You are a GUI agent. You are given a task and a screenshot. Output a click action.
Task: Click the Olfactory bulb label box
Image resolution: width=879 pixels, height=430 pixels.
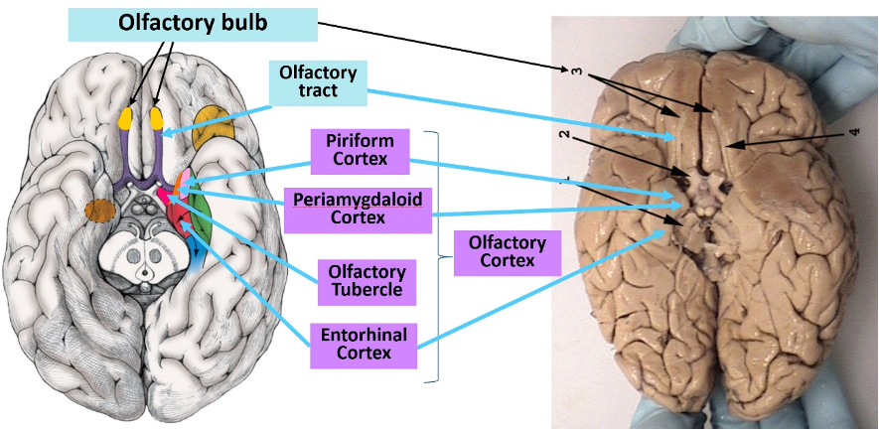click(193, 25)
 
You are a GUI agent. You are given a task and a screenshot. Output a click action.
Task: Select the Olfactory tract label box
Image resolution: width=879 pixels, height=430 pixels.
click(319, 83)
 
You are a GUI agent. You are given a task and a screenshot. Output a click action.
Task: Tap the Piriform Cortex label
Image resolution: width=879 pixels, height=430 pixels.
click(360, 151)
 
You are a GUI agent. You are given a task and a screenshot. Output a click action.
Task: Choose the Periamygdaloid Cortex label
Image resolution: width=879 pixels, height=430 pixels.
click(358, 211)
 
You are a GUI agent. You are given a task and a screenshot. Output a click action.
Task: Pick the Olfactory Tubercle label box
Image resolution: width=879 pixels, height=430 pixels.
click(367, 282)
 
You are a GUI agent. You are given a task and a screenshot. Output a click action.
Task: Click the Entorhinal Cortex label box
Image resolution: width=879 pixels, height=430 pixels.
click(364, 346)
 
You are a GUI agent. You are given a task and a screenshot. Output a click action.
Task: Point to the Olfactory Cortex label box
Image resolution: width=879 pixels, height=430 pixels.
click(508, 253)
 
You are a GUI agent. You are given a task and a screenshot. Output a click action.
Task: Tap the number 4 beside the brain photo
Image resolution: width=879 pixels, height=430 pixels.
click(854, 133)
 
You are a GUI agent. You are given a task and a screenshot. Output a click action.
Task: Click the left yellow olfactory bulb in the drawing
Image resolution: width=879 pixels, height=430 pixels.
click(126, 117)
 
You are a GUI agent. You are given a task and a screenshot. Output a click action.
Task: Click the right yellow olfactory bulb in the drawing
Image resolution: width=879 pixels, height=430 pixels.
click(157, 117)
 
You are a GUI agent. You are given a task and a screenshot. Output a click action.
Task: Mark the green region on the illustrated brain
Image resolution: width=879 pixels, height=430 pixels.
click(202, 215)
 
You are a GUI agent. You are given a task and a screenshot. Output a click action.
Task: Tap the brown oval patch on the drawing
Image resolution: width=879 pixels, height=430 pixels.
click(100, 211)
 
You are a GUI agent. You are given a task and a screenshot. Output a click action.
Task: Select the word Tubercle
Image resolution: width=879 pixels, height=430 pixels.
click(367, 290)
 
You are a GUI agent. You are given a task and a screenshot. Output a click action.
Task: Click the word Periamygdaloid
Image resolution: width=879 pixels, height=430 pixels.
click(358, 201)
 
